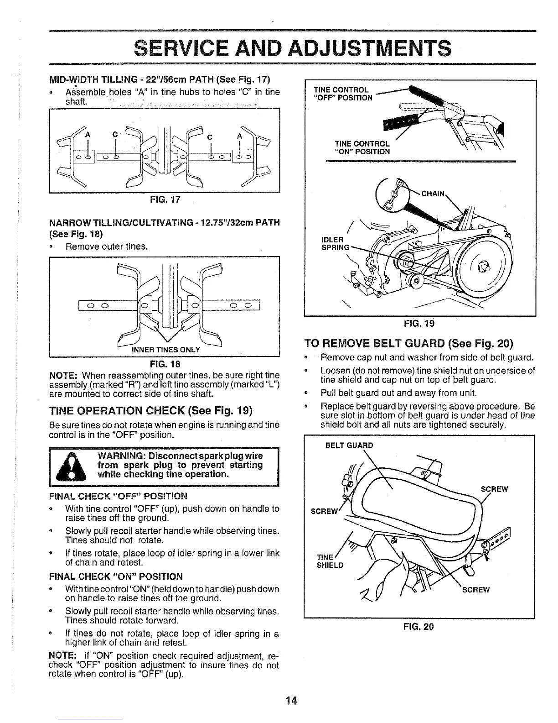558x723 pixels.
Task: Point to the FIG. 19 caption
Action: click(x=419, y=324)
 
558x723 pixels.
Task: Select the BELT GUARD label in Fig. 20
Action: click(x=349, y=445)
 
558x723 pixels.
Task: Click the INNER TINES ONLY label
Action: click(x=165, y=350)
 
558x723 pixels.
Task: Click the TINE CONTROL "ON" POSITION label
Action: click(x=362, y=147)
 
